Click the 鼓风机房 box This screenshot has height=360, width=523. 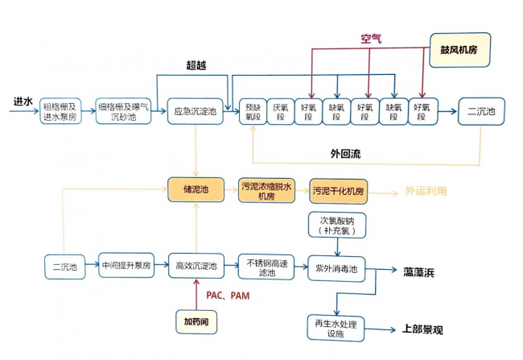(459, 50)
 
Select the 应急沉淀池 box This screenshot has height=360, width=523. (196, 112)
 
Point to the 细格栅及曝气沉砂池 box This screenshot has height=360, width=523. (124, 112)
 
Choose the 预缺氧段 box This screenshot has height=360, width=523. (254, 112)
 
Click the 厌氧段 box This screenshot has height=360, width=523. (282, 112)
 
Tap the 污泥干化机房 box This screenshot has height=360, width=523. (339, 192)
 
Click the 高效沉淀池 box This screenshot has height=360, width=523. (196, 266)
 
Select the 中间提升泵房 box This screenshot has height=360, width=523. (126, 266)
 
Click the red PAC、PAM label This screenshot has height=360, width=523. (229, 296)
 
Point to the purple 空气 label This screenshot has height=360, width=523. (372, 38)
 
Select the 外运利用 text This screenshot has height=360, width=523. (423, 192)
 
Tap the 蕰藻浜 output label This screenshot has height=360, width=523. (419, 272)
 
